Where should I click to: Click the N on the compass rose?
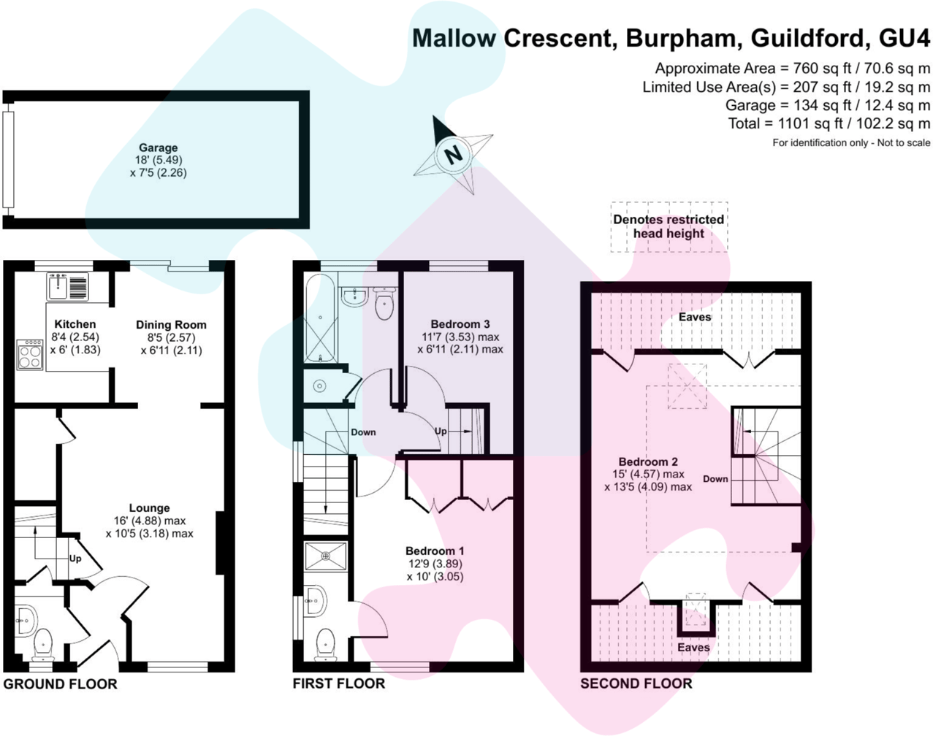[x=454, y=155]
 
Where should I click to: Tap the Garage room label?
[x=158, y=147]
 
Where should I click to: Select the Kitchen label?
[x=75, y=324]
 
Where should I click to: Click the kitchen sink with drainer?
[x=68, y=286]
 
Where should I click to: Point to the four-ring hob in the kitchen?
[x=30, y=354]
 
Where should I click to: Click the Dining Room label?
[x=171, y=325]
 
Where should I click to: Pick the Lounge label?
[x=149, y=508]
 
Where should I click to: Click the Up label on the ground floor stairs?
[x=75, y=559]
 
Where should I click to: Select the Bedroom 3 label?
[x=460, y=324]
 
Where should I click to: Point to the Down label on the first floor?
[x=363, y=432]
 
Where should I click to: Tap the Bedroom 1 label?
[x=435, y=551]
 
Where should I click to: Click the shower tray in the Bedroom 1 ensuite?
[x=326, y=556]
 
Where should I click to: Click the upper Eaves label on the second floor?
[x=694, y=317]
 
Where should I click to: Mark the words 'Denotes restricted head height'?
[x=669, y=226]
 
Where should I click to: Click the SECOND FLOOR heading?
[x=636, y=684]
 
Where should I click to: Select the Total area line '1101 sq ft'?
[x=829, y=123]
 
